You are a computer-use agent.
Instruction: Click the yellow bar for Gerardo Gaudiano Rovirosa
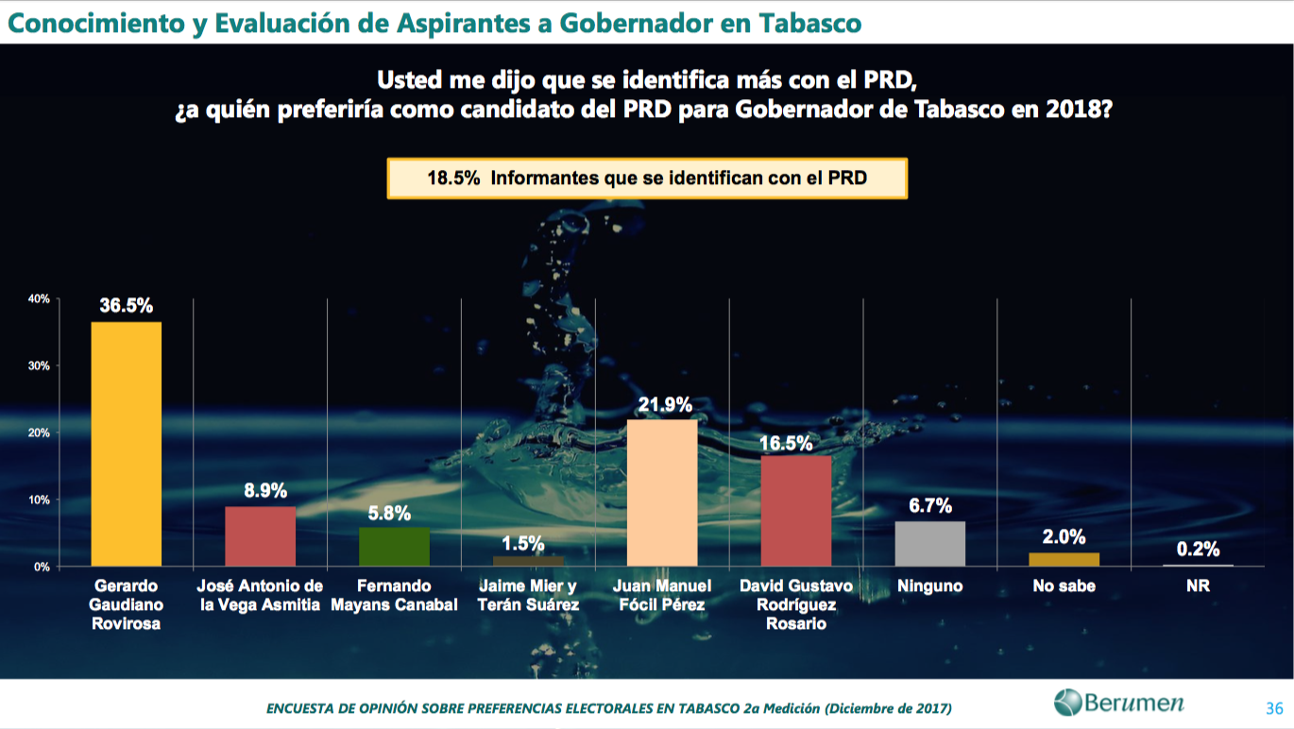pyautogui.click(x=126, y=444)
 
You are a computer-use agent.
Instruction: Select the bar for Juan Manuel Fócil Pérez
pyautogui.click(x=662, y=493)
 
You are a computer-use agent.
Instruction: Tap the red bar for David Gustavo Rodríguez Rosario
pyautogui.click(x=796, y=511)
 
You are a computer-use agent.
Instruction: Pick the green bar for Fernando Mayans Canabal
pyautogui.click(x=394, y=547)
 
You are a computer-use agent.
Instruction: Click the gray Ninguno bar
pyautogui.click(x=930, y=544)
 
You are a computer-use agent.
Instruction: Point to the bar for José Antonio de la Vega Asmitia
pyautogui.click(x=260, y=536)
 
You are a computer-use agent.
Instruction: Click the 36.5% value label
pyautogui.click(x=126, y=305)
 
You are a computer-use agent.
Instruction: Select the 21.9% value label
pyautogui.click(x=662, y=404)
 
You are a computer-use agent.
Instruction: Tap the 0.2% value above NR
pyautogui.click(x=1198, y=549)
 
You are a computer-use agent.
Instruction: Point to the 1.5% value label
pyautogui.click(x=528, y=543)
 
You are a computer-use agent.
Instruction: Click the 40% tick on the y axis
pyautogui.click(x=39, y=298)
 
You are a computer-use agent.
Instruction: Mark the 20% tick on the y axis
pyautogui.click(x=39, y=432)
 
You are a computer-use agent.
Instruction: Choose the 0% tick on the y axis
pyautogui.click(x=42, y=567)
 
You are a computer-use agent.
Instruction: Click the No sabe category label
pyautogui.click(x=1064, y=586)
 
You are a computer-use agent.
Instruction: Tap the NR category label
pyautogui.click(x=1198, y=586)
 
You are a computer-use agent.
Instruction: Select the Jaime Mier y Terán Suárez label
pyautogui.click(x=528, y=595)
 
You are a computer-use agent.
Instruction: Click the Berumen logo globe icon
pyautogui.click(x=1067, y=703)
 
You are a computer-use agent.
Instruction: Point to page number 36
pyautogui.click(x=1273, y=707)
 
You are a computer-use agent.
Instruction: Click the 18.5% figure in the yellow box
pyautogui.click(x=453, y=178)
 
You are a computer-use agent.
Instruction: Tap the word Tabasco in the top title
pyautogui.click(x=809, y=23)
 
